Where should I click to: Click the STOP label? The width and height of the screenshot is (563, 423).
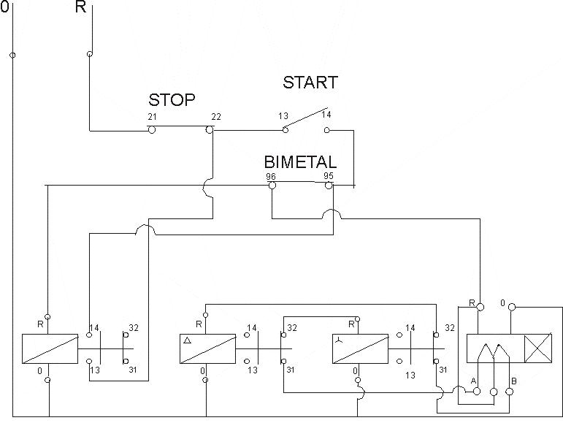click(x=172, y=100)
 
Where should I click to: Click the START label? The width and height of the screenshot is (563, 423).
click(x=310, y=83)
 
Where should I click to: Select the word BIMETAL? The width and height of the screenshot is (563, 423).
click(x=300, y=162)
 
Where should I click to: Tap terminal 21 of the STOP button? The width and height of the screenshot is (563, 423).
click(x=152, y=130)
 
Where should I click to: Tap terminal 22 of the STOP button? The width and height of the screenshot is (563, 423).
click(x=210, y=130)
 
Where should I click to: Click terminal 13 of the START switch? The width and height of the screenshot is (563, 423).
click(x=286, y=130)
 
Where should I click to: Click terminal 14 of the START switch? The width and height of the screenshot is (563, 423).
click(x=326, y=130)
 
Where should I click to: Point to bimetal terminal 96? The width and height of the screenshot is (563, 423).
click(x=272, y=186)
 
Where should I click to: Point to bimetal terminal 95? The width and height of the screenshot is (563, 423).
click(x=329, y=186)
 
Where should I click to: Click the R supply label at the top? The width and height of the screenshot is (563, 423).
click(x=81, y=8)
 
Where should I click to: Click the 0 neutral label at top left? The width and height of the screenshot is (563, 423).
click(x=5, y=8)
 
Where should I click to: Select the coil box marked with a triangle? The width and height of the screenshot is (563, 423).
click(x=207, y=349)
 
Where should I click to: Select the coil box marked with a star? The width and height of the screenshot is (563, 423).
click(x=359, y=349)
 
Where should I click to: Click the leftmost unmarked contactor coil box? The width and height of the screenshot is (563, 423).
click(x=50, y=349)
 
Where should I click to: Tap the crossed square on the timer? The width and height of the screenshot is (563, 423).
click(x=539, y=349)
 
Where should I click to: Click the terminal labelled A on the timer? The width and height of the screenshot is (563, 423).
click(x=477, y=392)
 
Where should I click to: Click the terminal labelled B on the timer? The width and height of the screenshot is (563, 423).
click(x=510, y=392)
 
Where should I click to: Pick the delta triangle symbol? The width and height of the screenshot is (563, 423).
click(x=187, y=340)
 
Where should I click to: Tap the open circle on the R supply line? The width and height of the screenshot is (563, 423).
click(x=90, y=54)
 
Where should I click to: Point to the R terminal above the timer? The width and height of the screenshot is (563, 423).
click(x=480, y=307)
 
